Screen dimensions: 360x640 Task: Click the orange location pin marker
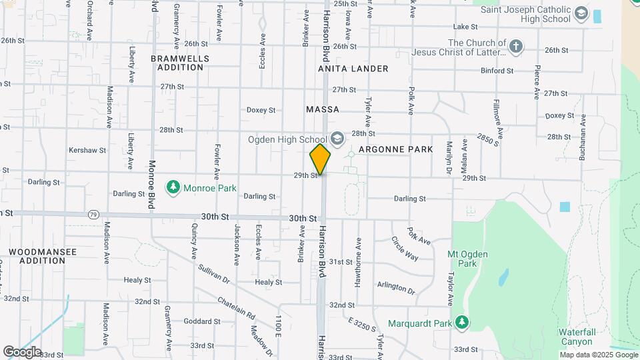[320, 159]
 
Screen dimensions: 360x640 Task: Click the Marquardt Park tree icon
[462, 323]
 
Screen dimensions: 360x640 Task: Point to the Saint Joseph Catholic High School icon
[581, 13]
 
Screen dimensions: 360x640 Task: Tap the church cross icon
[515, 47]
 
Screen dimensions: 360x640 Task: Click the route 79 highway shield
[93, 215]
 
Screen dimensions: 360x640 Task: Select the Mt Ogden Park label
[468, 259]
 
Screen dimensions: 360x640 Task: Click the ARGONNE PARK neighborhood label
[396, 149]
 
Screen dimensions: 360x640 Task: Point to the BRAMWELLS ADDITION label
[180, 63]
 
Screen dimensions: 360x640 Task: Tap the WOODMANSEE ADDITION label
[43, 257]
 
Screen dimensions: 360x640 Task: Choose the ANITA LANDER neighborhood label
[353, 69]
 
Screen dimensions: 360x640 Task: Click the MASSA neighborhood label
[323, 109]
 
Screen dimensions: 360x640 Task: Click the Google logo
[22, 351]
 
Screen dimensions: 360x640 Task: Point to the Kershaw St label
[87, 151]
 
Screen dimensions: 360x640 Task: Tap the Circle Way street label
[405, 249]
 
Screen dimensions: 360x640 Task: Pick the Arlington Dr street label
[396, 288]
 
